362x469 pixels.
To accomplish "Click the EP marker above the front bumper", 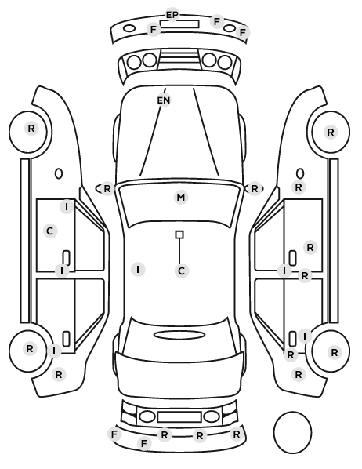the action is [x=172, y=15].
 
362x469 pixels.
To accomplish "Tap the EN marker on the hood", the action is [x=164, y=100].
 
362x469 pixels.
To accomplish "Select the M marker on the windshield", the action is [x=181, y=198].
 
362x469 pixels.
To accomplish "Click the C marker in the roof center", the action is [x=181, y=271].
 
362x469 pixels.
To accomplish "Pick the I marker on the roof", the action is [x=138, y=270].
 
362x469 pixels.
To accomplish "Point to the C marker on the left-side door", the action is [x=50, y=231].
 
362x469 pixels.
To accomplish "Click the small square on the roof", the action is [x=179, y=234].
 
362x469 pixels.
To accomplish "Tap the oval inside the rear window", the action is [x=179, y=335].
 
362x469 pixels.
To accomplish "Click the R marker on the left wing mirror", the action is [x=107, y=189].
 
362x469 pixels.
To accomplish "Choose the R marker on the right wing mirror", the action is [x=254, y=189].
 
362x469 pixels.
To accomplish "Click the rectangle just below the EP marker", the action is [x=179, y=24].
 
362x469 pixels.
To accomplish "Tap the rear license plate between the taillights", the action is [x=179, y=416].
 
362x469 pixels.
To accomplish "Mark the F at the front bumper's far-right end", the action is [x=243, y=32].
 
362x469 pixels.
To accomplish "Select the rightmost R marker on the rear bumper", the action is [x=236, y=434].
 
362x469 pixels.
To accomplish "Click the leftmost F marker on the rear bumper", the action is [x=114, y=434].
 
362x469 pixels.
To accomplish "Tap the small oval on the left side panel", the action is [x=59, y=173].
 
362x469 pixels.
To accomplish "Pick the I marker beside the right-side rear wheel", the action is [x=305, y=336].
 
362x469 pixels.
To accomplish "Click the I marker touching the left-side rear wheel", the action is [x=54, y=351].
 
